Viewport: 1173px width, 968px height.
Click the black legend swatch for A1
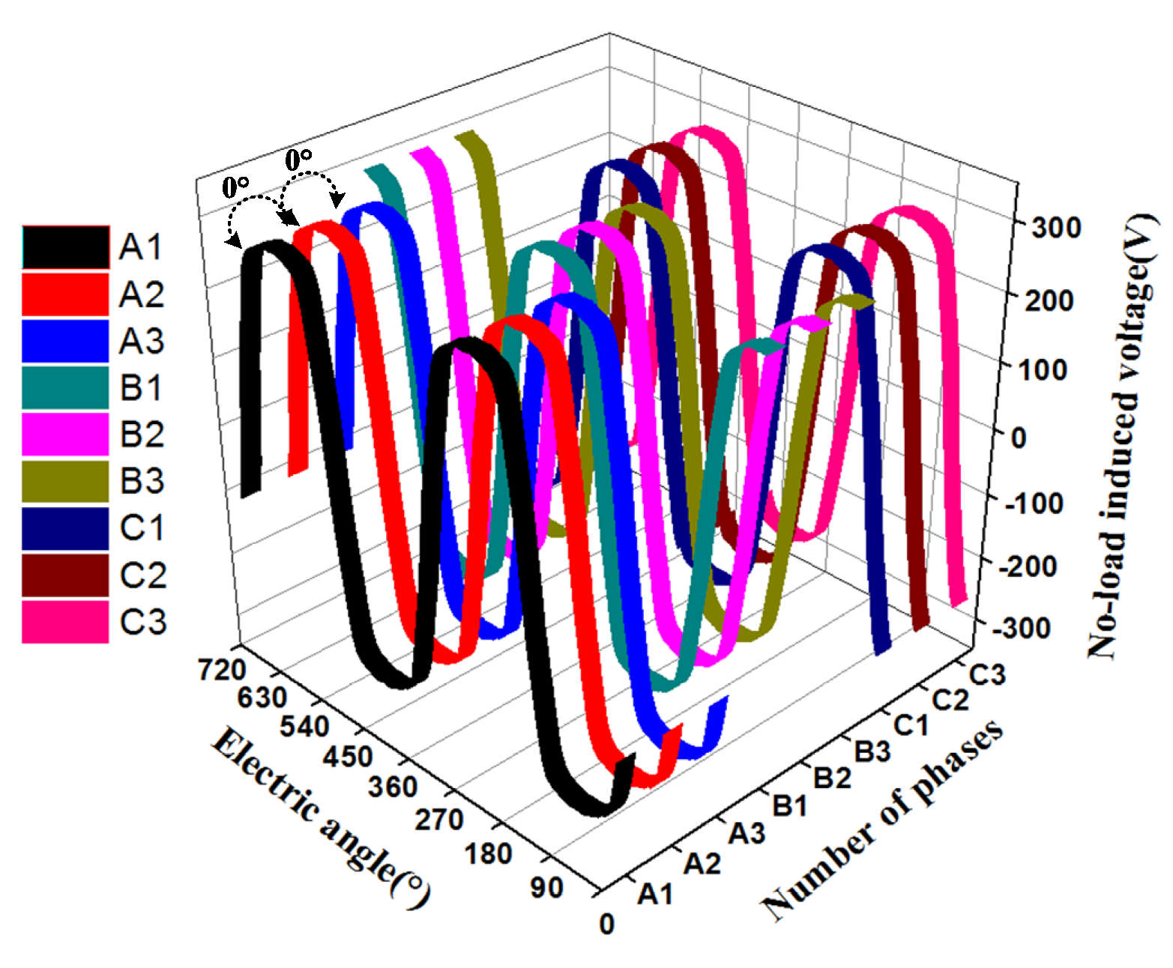point(65,247)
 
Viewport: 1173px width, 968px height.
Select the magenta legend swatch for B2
point(65,435)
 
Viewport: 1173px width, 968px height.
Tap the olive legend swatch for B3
point(65,481)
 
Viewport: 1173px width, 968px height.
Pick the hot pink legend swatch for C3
point(65,622)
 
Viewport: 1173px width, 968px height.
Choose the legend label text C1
point(142,528)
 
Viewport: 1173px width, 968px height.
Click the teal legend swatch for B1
point(65,387)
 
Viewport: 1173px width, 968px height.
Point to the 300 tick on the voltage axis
point(1055,227)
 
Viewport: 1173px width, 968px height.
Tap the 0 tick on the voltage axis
point(1019,437)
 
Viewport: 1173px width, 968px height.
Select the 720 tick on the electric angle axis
point(222,669)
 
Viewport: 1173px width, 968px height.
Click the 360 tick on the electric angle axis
point(392,787)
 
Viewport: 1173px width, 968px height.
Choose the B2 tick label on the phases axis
point(832,778)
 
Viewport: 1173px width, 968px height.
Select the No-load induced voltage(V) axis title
point(1122,435)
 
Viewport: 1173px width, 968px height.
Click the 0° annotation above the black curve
point(236,187)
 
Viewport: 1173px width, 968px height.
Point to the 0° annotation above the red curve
point(298,160)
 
